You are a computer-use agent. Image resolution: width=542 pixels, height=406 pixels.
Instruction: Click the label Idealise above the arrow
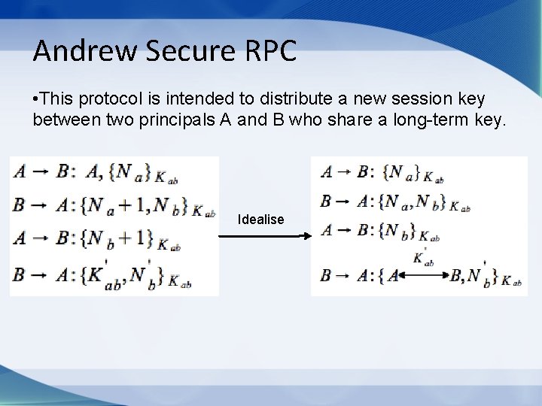pos(260,220)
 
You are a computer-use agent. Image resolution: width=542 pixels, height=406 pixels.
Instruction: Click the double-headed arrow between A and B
pos(422,276)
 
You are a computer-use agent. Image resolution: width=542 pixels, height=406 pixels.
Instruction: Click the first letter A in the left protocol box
pos(20,172)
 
